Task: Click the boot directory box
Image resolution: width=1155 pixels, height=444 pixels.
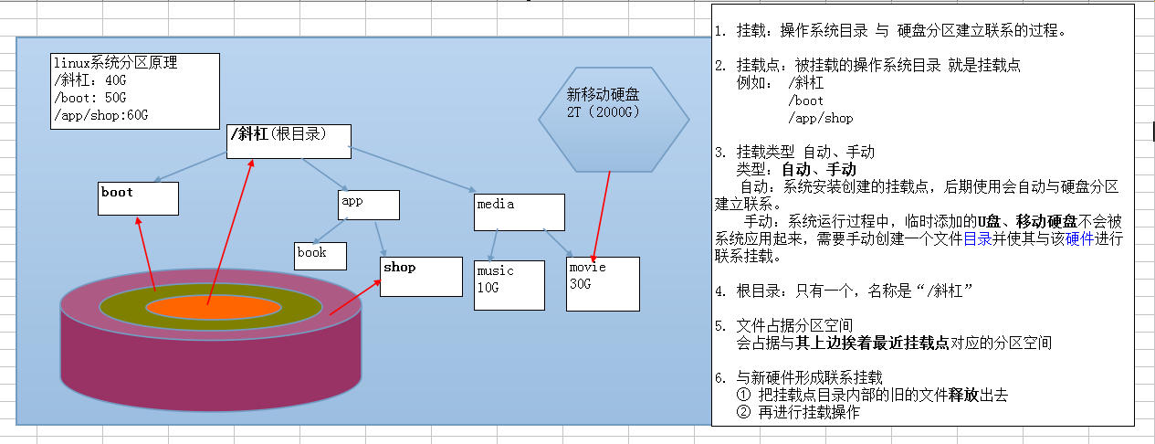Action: (x=138, y=198)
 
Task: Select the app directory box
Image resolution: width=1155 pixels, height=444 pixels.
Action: (x=369, y=205)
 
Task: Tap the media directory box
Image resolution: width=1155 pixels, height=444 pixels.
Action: (x=519, y=212)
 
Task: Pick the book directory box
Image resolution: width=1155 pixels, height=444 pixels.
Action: (x=320, y=256)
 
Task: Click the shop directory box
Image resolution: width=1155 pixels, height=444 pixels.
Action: (x=421, y=277)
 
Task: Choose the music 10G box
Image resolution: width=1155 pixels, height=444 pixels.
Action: (x=509, y=285)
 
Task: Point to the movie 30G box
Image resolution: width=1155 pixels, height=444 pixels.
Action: (x=603, y=284)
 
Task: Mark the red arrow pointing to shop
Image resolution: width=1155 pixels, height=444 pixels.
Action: (x=354, y=298)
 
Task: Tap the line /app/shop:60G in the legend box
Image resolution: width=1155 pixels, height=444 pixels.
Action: (x=100, y=115)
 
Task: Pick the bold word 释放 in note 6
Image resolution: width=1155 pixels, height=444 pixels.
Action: (x=964, y=395)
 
